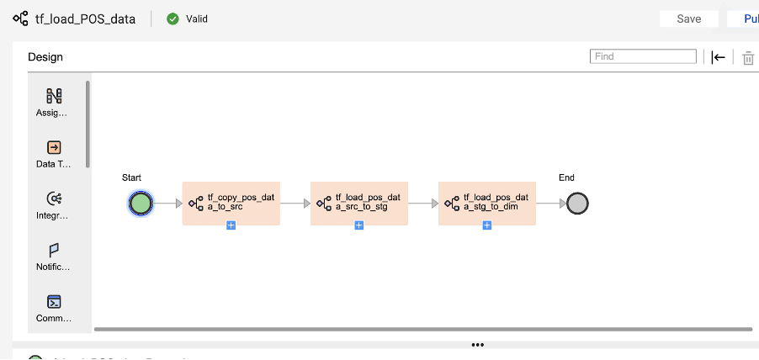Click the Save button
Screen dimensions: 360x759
688,19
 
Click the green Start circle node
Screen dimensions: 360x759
141,203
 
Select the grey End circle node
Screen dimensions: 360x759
577,203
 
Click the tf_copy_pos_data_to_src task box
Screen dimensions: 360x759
231,203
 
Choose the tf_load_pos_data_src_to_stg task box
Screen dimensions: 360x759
358,203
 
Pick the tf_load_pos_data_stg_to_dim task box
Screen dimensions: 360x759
486,203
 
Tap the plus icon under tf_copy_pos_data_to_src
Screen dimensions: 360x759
231,225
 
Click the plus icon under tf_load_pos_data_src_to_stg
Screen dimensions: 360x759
358,225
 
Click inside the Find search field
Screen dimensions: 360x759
643,56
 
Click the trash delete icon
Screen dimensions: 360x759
748,57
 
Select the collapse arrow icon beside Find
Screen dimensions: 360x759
718,57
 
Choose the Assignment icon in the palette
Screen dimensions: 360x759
54,96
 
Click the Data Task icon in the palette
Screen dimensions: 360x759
54,147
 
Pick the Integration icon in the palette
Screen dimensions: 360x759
54,199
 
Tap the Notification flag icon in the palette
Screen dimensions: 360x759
54,250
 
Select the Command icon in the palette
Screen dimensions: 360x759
54,301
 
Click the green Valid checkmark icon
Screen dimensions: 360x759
172,19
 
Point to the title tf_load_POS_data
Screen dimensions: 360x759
85,19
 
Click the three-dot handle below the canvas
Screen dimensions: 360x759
478,345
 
